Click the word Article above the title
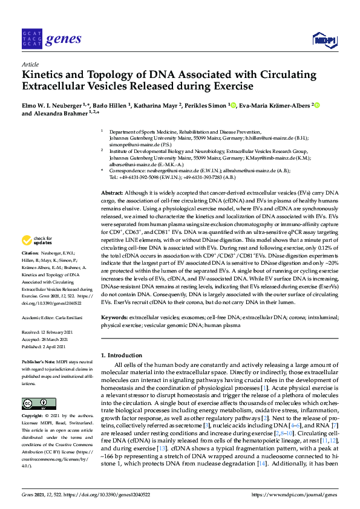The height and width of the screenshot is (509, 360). pos(30,63)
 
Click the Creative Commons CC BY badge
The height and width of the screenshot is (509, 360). pos(34,403)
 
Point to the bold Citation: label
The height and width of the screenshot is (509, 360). pos(30,269)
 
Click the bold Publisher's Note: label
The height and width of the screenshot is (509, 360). pos(37,361)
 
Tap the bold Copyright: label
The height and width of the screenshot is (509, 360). pos(31,417)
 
